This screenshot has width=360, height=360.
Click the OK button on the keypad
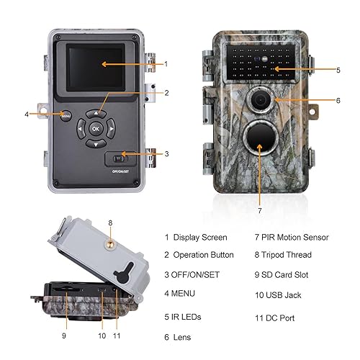[x=96, y=128]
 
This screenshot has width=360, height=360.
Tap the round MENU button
[x=65, y=114]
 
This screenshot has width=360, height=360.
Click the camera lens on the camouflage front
[x=257, y=102]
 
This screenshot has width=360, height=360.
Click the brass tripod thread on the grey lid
[x=110, y=244]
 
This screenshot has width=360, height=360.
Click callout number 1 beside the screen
[x=166, y=64]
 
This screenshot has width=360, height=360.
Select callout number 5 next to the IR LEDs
[x=338, y=69]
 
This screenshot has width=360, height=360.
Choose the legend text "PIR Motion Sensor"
[x=294, y=237]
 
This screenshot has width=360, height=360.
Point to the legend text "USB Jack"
[x=288, y=294]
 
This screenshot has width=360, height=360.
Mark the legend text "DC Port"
[x=285, y=317]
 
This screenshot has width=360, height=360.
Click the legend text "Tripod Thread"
[x=292, y=255]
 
